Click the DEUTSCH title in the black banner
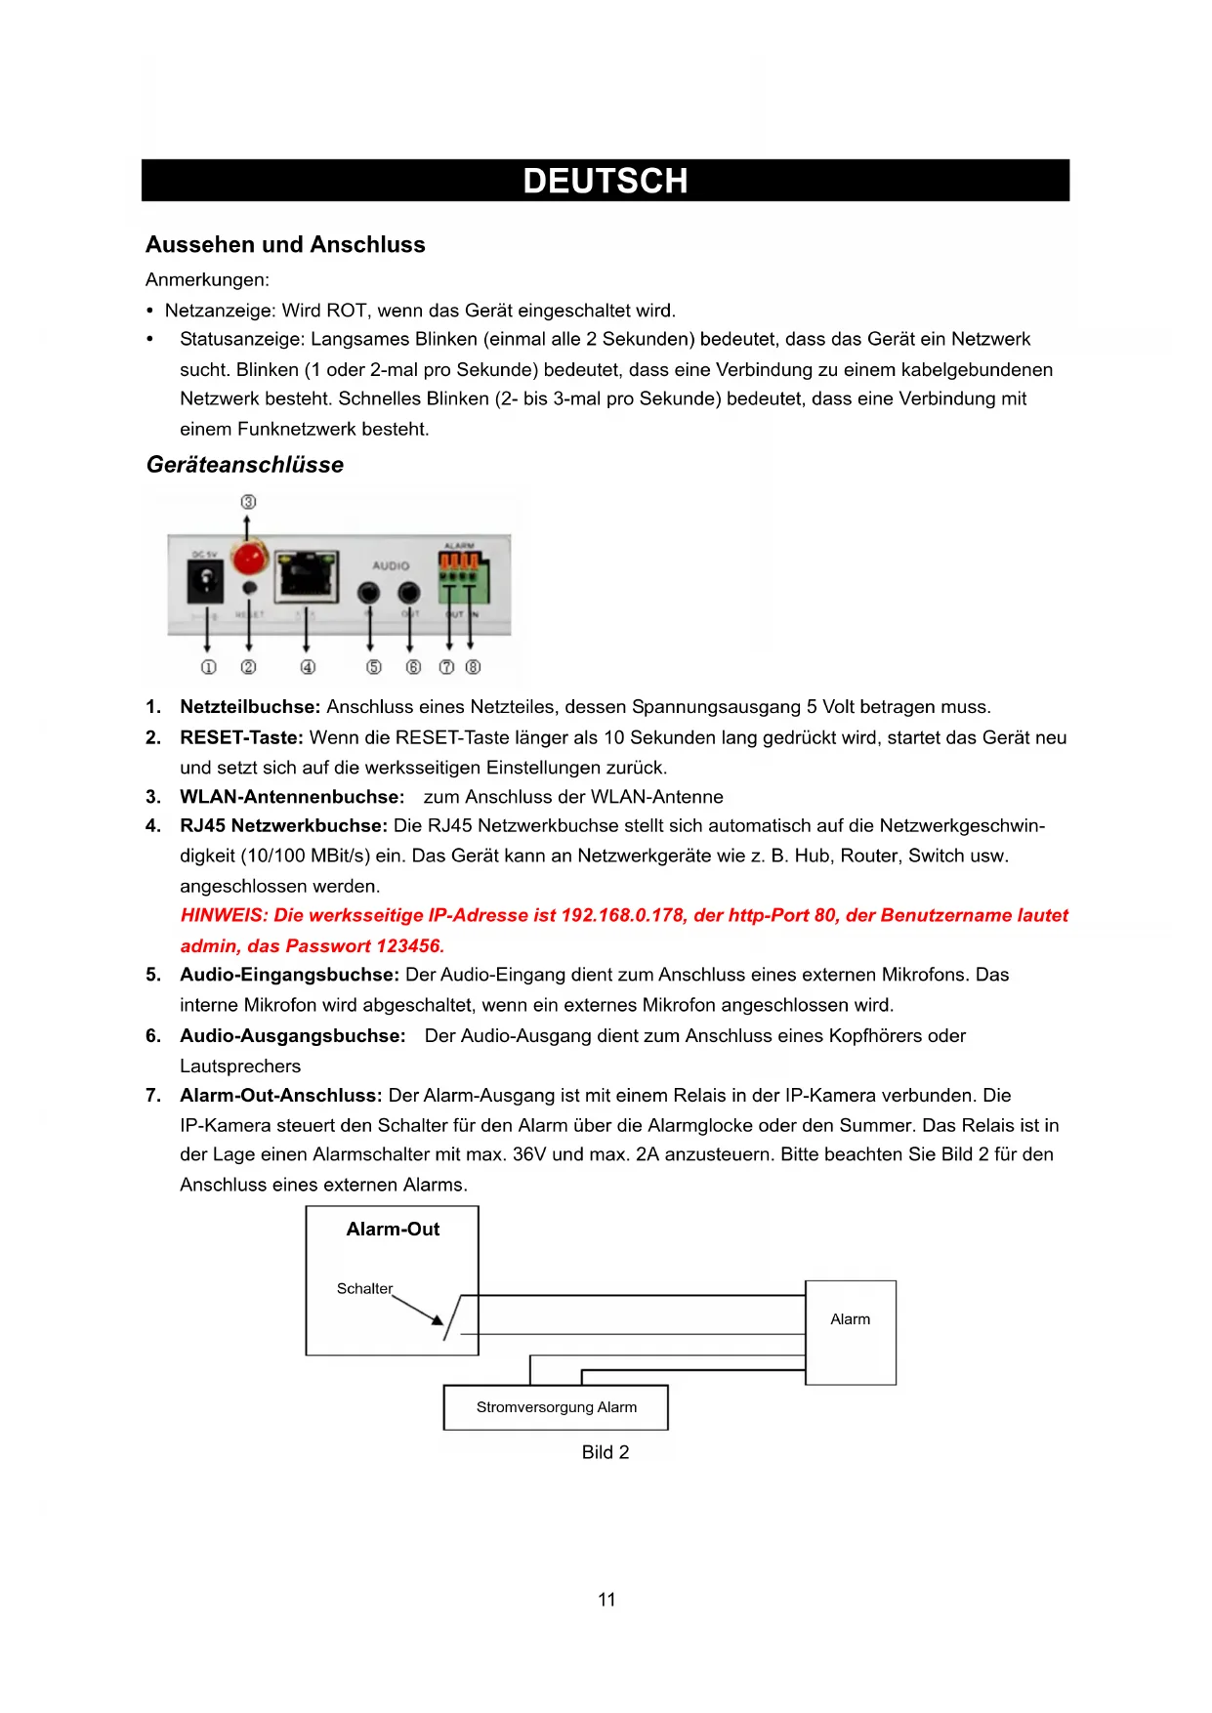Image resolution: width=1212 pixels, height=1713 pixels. click(x=606, y=181)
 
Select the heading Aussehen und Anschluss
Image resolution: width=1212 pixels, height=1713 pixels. click(x=285, y=244)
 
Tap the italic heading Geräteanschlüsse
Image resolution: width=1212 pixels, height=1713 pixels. click(x=245, y=465)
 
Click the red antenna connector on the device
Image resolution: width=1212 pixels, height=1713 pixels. click(x=250, y=559)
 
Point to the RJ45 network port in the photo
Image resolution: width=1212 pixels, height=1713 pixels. click(x=308, y=576)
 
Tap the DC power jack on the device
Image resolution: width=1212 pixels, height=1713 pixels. click(x=205, y=584)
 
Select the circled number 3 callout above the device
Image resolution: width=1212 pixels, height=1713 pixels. click(x=248, y=501)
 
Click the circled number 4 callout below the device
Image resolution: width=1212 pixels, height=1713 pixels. click(x=308, y=667)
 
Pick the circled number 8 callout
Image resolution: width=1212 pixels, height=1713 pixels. click(x=473, y=667)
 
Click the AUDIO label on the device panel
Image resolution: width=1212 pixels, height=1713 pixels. click(x=391, y=565)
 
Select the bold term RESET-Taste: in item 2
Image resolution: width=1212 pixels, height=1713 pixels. click(x=241, y=737)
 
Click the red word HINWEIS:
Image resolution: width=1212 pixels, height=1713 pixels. click(x=224, y=915)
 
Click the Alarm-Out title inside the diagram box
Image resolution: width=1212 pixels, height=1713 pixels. click(x=393, y=1230)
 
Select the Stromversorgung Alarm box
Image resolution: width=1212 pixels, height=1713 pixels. click(x=556, y=1407)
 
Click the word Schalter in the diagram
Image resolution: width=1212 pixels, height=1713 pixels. click(x=364, y=1288)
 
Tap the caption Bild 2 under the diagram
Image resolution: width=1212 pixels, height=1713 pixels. click(x=606, y=1452)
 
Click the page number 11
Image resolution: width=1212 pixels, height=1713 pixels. click(x=606, y=1600)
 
